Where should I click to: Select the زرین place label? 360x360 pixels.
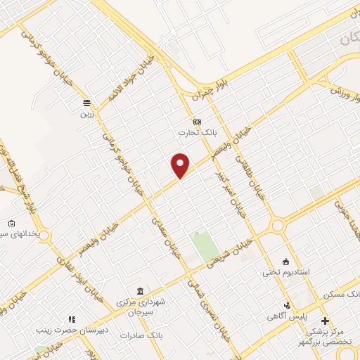[86, 113]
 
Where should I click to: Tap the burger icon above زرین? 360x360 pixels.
[86, 103]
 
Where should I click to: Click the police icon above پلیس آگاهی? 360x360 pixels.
[287, 305]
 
